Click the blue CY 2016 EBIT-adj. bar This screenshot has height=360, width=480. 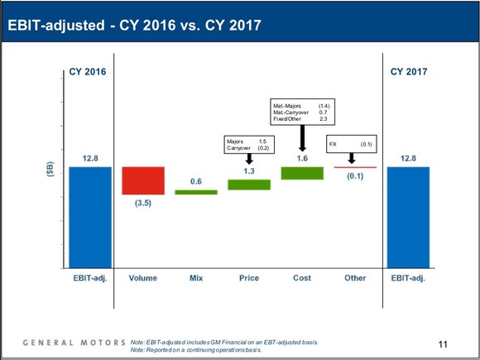[90, 217]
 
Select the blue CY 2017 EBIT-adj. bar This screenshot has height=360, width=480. [408, 217]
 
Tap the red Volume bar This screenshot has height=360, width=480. [143, 180]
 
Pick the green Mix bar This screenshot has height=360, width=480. [196, 192]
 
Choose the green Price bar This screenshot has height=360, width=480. [249, 185]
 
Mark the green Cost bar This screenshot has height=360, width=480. [302, 173]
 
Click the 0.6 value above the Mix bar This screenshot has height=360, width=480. [196, 180]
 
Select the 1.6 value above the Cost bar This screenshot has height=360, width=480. [302, 157]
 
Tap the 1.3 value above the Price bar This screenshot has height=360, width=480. [249, 170]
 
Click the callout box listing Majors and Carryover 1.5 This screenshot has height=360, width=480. [249, 145]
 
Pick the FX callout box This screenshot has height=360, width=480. [352, 144]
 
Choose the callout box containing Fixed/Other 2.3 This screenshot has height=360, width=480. [302, 113]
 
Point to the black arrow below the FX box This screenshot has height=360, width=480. [352, 159]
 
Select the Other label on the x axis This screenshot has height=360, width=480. [355, 278]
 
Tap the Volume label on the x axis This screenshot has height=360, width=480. [143, 278]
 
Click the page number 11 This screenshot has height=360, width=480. [442, 343]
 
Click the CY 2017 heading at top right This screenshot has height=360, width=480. [408, 72]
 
